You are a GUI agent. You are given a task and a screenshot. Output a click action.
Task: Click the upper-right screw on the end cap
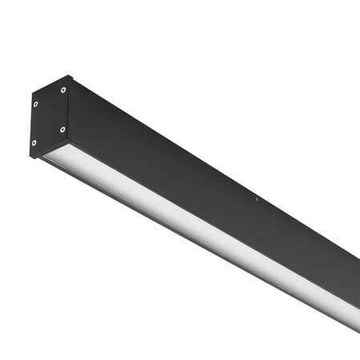[62, 90]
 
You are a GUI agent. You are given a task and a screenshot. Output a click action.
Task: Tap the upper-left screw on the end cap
[36, 102]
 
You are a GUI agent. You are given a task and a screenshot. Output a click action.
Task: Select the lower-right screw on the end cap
[62, 128]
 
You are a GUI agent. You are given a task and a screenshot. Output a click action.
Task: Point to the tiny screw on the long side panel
[255, 199]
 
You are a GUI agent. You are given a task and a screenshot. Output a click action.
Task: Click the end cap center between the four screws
[50, 116]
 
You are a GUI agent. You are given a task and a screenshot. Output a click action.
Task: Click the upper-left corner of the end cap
[31, 92]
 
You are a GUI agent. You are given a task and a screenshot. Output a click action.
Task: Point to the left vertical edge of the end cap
[32, 124]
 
